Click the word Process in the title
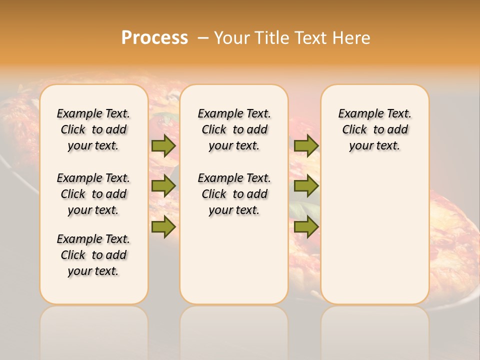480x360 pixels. pos(154,37)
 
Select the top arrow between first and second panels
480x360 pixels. pos(163,146)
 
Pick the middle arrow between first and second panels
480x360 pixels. pos(163,186)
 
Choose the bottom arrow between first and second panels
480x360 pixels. pos(163,227)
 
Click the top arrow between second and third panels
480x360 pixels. pos(306,146)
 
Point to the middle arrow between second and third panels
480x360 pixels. pos(306,186)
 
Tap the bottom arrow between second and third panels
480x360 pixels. pos(306,227)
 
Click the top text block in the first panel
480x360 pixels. pos(93,129)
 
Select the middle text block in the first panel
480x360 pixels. pos(93,194)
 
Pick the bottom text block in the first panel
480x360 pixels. pos(93,255)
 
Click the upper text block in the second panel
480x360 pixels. pos(234,129)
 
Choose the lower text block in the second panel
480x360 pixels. pos(234,194)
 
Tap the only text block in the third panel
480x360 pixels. pos(375,129)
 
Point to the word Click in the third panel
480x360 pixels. pos(354,130)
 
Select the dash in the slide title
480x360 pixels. pos(203,38)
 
